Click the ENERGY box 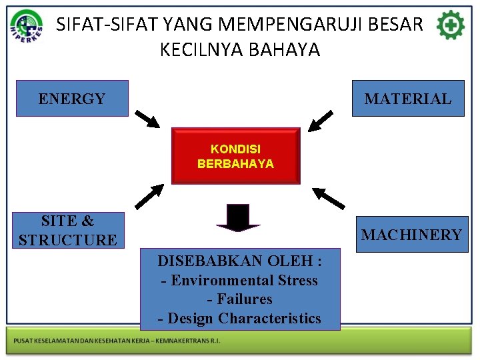point(72,99)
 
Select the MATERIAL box point(407,99)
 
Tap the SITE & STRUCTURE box point(67,231)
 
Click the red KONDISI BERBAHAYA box point(235,156)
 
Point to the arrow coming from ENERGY point(147,119)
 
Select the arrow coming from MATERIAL point(321,120)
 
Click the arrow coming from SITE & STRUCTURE point(149,196)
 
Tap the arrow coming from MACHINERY point(329,198)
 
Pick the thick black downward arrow point(237,218)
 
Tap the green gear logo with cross point(451,26)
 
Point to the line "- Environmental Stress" point(239,281)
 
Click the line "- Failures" point(239,299)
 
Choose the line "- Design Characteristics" point(239,319)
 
